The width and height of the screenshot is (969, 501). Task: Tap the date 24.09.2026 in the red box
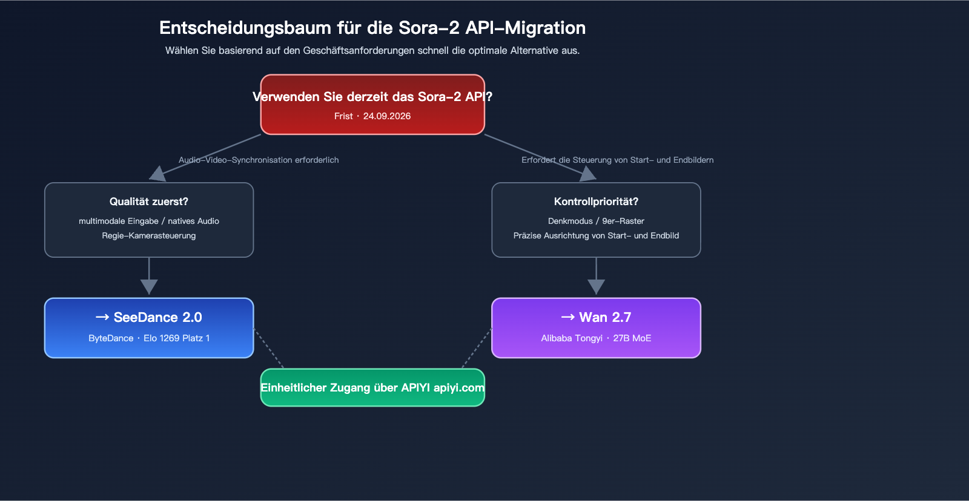coord(386,116)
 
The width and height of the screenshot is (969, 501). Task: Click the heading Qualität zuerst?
coord(149,201)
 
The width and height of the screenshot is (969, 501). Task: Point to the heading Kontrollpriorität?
coord(596,201)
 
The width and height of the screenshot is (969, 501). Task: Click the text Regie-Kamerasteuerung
coord(149,235)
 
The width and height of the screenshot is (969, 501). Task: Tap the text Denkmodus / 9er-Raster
coord(596,221)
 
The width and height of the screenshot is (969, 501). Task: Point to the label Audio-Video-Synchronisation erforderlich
coord(259,160)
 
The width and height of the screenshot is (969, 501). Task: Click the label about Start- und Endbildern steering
coord(617,160)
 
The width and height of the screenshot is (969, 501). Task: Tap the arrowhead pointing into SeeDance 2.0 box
coord(149,287)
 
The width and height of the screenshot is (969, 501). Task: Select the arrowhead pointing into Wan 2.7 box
coord(596,287)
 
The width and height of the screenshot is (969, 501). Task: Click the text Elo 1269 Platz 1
coord(176,338)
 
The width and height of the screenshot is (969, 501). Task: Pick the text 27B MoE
coord(632,338)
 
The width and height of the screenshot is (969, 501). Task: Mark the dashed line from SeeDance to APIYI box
coord(268,348)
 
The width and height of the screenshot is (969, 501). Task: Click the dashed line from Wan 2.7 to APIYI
coord(477,348)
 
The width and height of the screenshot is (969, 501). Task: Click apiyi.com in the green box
coord(458,388)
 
